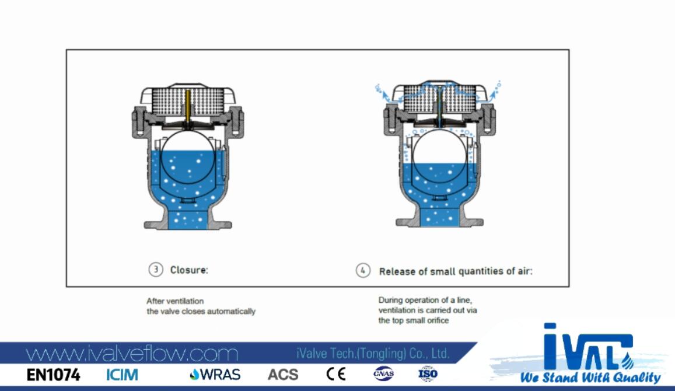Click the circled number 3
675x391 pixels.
[x=156, y=270]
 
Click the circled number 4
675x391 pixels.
[x=363, y=270]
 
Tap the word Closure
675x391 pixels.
[x=188, y=270]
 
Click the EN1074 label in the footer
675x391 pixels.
[x=53, y=375]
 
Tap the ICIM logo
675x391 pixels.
[x=123, y=375]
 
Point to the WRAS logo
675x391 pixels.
[x=215, y=375]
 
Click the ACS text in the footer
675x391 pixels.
[x=283, y=375]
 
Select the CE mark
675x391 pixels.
[x=336, y=373]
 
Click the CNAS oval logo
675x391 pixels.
[x=383, y=373]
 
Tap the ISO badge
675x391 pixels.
[x=428, y=373]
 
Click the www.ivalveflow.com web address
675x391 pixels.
[x=132, y=354]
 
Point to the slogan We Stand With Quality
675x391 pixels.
[x=590, y=378]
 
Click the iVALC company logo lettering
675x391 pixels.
[x=587, y=345]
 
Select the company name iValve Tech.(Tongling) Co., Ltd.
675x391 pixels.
[x=373, y=354]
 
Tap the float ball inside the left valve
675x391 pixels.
[x=188, y=157]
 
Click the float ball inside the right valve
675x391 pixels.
[x=439, y=157]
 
